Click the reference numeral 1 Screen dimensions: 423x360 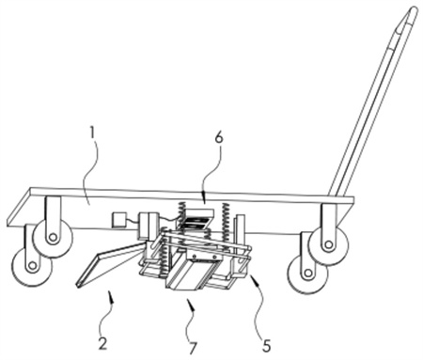[92, 133]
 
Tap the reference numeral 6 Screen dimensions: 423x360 [219, 137]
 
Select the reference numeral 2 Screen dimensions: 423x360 [102, 344]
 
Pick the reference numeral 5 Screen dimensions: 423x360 [266, 345]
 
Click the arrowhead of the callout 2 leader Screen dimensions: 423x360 [109, 296]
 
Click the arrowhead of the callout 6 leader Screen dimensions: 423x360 [204, 198]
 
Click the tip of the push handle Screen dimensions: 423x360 [414, 10]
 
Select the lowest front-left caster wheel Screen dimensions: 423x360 [31, 266]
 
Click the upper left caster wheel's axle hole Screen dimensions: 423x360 [53, 238]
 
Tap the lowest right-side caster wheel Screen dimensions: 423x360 [308, 273]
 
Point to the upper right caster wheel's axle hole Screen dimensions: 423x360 [328, 244]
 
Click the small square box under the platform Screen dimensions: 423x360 [119, 219]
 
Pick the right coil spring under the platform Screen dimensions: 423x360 [227, 227]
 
